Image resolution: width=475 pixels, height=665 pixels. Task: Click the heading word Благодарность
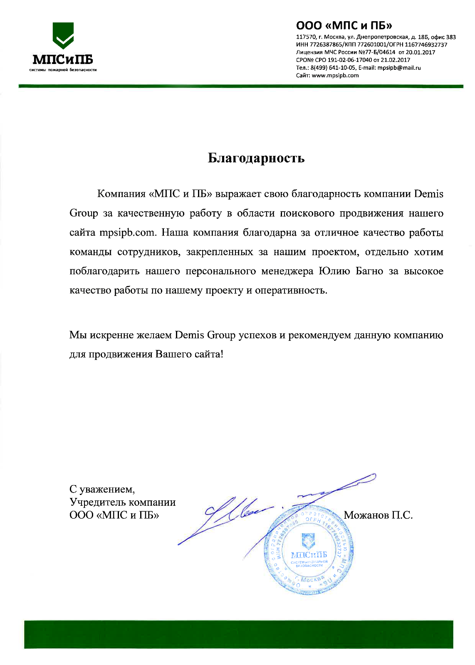pos(256,158)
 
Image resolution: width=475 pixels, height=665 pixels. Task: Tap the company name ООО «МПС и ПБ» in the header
pos(344,25)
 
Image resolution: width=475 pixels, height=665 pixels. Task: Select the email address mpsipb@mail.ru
pos(399,68)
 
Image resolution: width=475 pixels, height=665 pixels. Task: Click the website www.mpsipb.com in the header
pos(335,75)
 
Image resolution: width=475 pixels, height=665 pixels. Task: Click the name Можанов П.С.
pos(378,515)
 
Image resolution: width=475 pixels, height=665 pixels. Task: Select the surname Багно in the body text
pos(369,271)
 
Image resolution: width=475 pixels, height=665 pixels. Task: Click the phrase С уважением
pos(102,489)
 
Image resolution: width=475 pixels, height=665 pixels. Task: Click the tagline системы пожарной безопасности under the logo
pos(63,70)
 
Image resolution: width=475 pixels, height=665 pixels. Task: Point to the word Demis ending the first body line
pos(429,194)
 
